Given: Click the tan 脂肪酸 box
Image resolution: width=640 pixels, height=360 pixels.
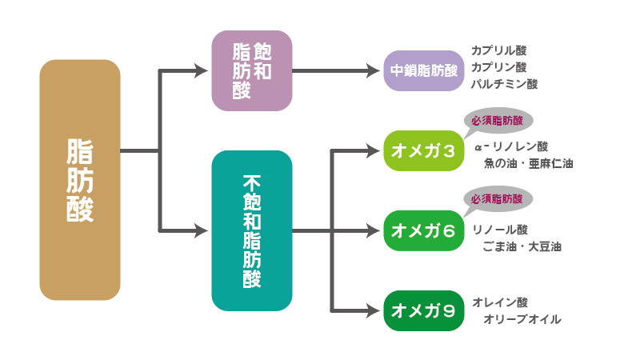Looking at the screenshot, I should [x=80, y=180].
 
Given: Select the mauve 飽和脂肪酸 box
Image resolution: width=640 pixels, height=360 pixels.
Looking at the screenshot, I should [x=252, y=70].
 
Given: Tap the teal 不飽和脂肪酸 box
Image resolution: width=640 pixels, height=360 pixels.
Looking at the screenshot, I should [x=252, y=230].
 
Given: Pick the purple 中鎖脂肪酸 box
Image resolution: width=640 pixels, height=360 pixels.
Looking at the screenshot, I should [x=424, y=70].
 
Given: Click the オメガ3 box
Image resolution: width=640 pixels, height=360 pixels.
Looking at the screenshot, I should [x=424, y=150].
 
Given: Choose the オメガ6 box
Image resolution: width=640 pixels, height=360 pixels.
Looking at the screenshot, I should [x=424, y=231].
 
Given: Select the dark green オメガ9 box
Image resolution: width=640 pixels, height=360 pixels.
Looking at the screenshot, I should [x=424, y=311].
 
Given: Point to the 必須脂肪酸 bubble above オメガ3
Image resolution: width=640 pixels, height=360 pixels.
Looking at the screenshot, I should [x=497, y=122].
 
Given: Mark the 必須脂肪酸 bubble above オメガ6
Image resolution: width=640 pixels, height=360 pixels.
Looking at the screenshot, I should [x=497, y=198].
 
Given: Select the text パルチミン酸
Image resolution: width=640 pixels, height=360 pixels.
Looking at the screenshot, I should [x=505, y=83].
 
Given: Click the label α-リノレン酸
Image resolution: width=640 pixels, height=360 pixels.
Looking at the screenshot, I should [x=511, y=147].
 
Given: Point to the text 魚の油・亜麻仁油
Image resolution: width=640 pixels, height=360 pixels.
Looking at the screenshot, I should [x=528, y=163].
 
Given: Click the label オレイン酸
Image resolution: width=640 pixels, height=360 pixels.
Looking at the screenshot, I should [x=500, y=302].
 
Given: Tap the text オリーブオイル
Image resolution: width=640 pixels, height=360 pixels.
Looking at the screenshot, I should [x=522, y=319].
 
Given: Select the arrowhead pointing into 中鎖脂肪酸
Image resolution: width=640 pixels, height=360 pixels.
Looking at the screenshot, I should [x=374, y=70].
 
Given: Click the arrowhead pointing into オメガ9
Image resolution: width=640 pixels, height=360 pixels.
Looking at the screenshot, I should [x=374, y=311].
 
